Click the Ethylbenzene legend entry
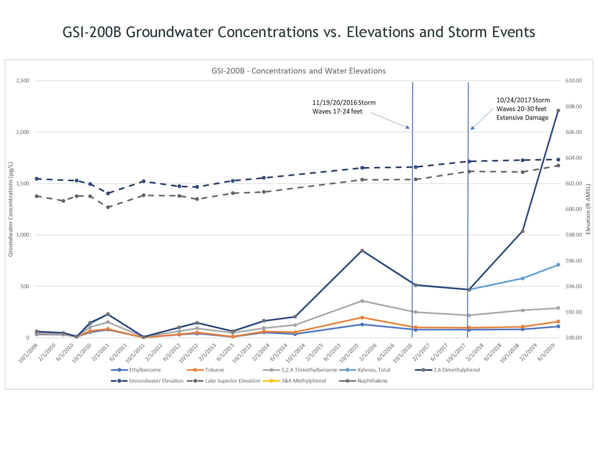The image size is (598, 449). click(145, 370)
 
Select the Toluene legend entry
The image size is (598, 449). click(214, 370)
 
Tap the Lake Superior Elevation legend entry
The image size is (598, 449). click(233, 381)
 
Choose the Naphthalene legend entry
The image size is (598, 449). click(372, 381)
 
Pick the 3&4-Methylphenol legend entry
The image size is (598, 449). click(303, 381)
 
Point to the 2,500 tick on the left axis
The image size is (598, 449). click(23, 81)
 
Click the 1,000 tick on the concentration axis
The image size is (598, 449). click(23, 235)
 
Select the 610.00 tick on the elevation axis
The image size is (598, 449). click(573, 81)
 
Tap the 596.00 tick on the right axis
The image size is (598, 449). click(573, 261)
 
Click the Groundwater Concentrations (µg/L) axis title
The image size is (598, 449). click(11, 209)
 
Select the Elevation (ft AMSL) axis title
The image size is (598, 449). click(588, 209)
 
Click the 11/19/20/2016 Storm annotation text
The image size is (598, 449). click(344, 103)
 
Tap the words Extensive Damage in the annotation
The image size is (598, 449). click(522, 118)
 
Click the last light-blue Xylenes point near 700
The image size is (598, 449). click(558, 265)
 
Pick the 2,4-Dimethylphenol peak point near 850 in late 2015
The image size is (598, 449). click(362, 251)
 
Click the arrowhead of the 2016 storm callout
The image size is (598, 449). click(408, 127)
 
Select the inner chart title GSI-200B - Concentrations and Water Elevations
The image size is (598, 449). click(298, 71)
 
